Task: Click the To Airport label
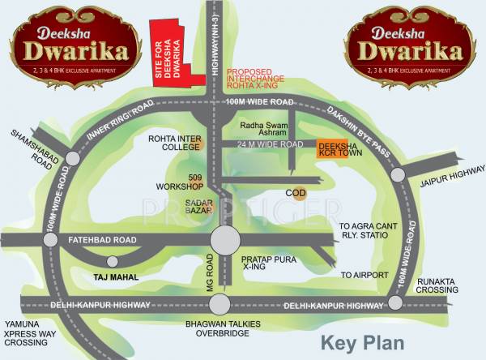pos(364,276)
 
